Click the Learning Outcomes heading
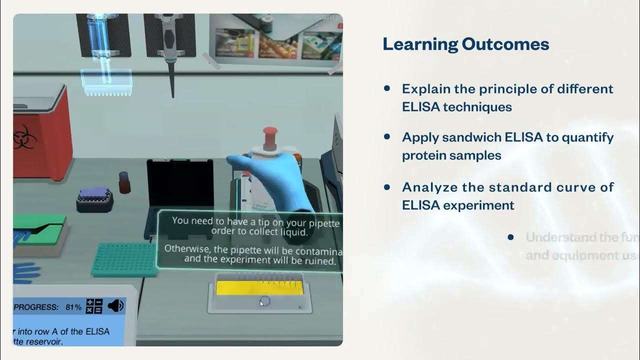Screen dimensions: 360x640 [465, 44]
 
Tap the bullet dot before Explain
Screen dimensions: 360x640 [386, 88]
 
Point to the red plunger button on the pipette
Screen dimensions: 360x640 [270, 133]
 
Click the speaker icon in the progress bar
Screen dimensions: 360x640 [115, 305]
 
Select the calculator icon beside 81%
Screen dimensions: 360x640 [94, 306]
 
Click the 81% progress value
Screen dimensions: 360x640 [73, 307]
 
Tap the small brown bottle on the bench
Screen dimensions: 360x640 [124, 182]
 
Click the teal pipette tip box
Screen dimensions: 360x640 [125, 259]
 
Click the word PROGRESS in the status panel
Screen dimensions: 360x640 [35, 307]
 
